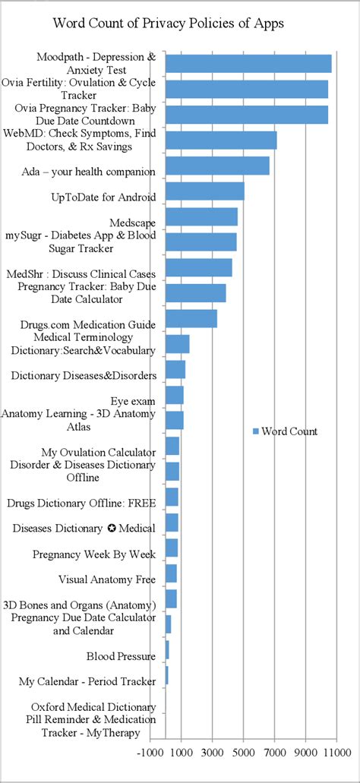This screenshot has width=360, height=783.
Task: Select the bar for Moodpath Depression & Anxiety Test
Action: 248,63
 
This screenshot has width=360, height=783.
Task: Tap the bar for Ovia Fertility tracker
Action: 247,89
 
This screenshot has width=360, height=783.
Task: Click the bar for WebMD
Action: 221,140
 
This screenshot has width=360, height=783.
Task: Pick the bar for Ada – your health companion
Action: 217,166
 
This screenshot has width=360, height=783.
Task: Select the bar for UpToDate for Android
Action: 204,191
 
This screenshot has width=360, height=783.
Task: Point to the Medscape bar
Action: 201,216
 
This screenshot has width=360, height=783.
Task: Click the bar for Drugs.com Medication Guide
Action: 191,318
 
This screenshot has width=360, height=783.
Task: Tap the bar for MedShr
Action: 198,267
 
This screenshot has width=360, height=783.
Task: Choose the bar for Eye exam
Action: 174,395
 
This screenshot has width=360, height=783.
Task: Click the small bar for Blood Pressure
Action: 167,650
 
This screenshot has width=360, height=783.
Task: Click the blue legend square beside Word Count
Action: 255,431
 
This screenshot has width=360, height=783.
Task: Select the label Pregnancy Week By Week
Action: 94,554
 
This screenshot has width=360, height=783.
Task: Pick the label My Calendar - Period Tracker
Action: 87,681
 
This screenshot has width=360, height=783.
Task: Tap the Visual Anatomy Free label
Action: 107,579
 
